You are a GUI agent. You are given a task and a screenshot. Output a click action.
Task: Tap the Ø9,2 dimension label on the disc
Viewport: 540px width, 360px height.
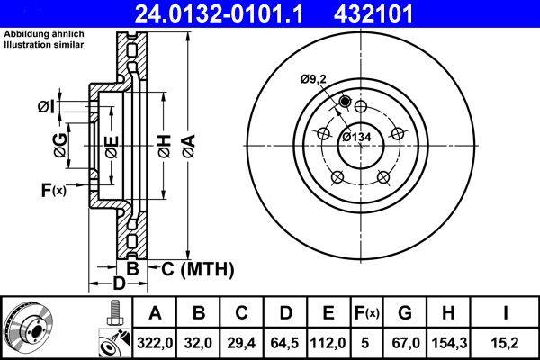315,80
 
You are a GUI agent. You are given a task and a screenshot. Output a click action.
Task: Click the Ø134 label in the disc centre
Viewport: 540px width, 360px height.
357,137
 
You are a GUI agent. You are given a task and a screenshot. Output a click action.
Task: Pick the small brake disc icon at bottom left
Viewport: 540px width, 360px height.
27,328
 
